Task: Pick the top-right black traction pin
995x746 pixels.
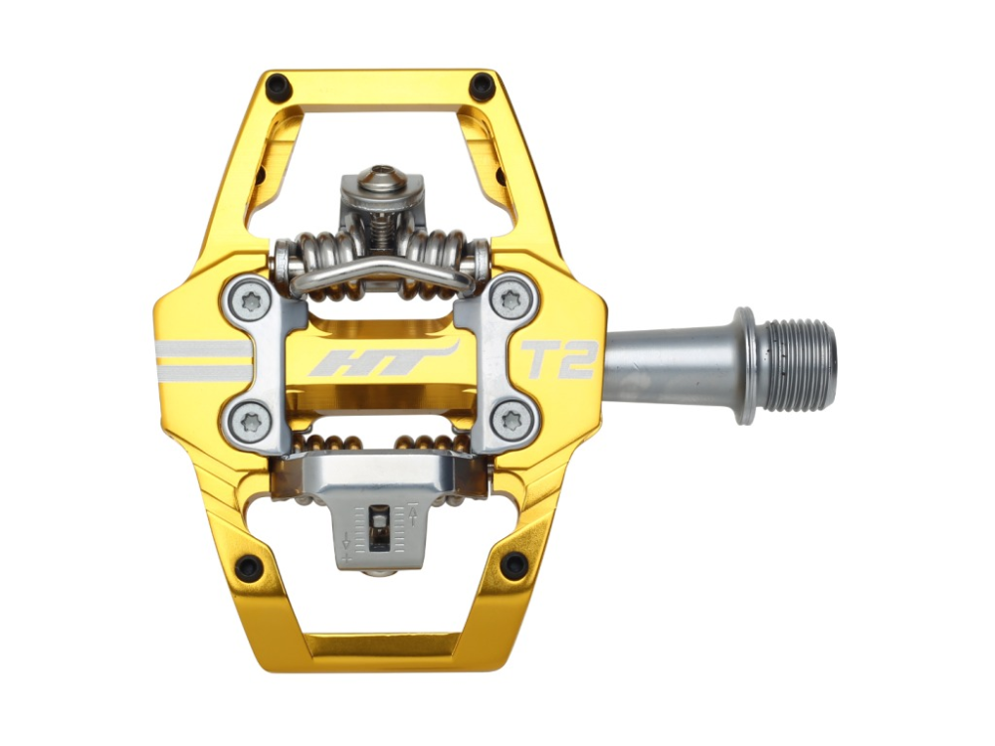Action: [x=483, y=86]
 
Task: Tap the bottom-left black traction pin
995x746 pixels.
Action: [x=248, y=567]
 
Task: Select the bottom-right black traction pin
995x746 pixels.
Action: [x=513, y=565]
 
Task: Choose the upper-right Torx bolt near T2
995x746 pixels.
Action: [x=511, y=298]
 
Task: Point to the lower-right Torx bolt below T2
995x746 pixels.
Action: [x=512, y=419]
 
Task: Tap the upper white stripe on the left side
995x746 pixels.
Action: [x=204, y=349]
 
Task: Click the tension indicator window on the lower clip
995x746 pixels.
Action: [x=378, y=527]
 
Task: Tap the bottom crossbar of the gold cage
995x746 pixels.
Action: [x=380, y=647]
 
